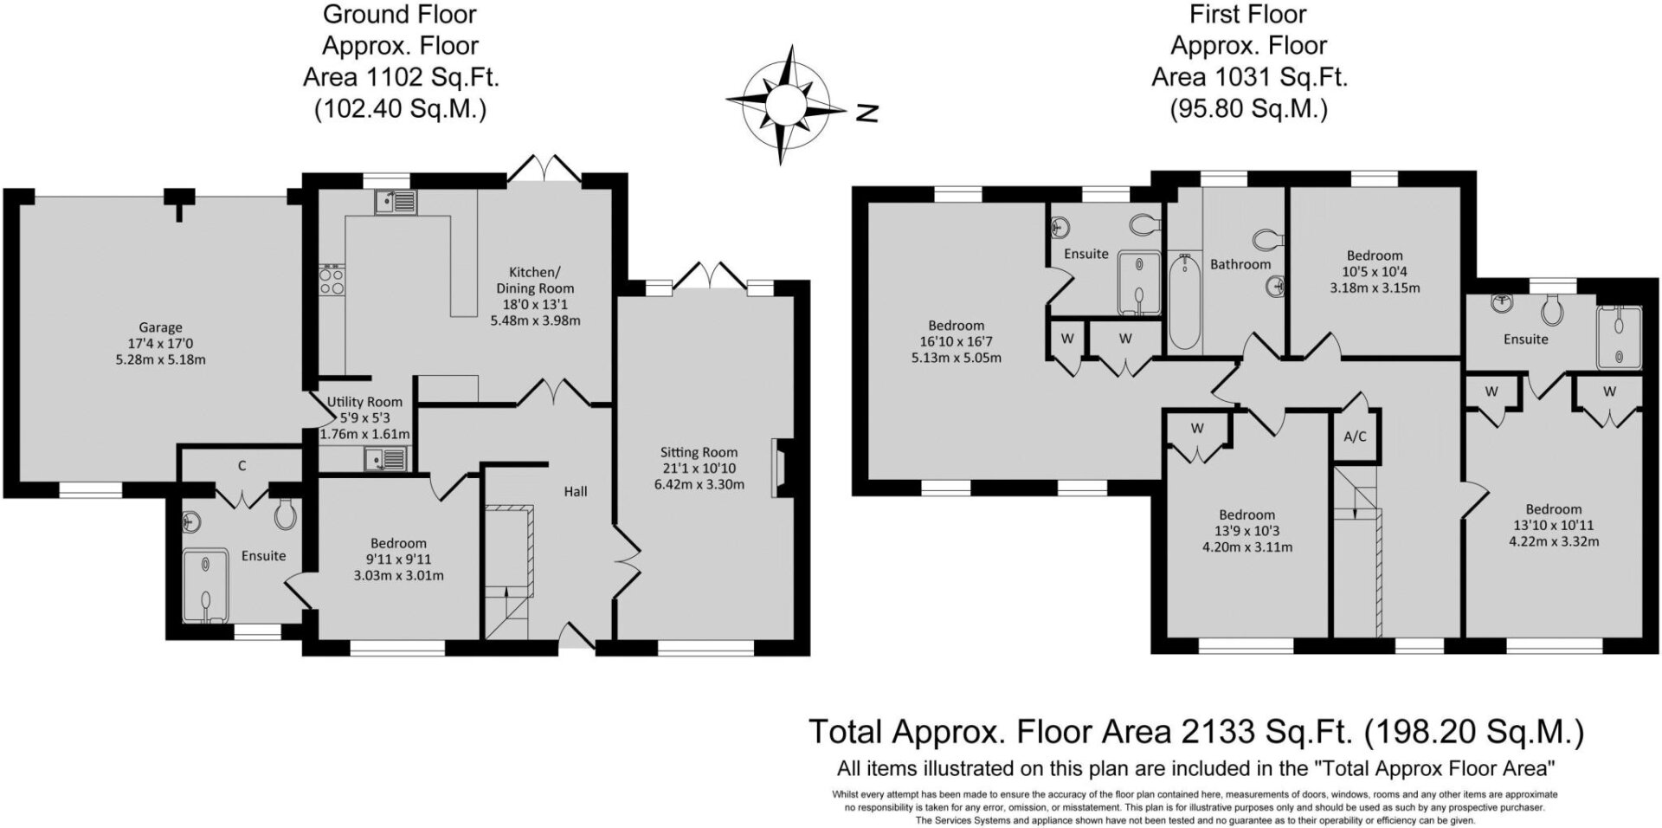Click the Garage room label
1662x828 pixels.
[160, 327]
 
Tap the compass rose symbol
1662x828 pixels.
[786, 105]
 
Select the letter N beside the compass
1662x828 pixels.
[867, 113]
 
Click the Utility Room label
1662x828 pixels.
[364, 402]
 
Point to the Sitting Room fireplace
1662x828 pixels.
[779, 468]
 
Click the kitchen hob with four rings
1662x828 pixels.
[332, 281]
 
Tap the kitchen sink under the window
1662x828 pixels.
[396, 203]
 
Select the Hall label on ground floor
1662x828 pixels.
[576, 491]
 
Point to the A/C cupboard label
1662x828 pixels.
[1355, 437]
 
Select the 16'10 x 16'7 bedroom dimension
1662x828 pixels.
[957, 341]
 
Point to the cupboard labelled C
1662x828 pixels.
[242, 466]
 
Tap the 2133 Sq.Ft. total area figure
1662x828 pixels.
[1224, 731]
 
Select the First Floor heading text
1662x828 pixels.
[1247, 14]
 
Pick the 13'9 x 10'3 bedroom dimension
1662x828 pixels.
[1247, 531]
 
